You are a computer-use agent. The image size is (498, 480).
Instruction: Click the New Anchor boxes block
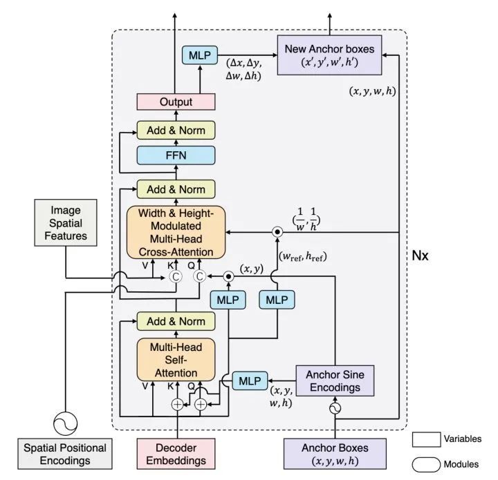[329, 55]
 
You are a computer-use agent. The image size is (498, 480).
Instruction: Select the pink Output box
[176, 102]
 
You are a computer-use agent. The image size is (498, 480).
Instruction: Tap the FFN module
[176, 155]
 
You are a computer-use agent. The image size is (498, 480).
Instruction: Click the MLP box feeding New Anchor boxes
[200, 55]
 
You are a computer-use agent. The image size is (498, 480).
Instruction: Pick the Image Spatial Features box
[66, 222]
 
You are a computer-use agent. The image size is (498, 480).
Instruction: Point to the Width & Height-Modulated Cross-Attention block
[176, 232]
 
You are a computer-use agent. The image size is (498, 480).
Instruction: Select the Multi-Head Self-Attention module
[176, 360]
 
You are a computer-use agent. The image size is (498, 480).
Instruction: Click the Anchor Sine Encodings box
[335, 381]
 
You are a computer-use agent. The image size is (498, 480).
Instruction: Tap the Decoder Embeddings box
[176, 454]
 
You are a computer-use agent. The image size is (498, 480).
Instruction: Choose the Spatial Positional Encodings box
[65, 454]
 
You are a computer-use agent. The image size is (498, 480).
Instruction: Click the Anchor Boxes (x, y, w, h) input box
[335, 454]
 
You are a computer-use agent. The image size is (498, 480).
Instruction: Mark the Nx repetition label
[420, 256]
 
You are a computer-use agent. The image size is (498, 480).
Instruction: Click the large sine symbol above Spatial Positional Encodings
[65, 423]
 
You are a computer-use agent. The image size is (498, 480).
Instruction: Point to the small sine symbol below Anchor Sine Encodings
[335, 408]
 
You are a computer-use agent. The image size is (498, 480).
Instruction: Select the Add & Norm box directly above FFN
[176, 131]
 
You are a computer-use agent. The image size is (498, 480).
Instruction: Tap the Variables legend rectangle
[426, 439]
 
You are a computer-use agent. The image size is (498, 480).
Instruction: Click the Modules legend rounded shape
[426, 465]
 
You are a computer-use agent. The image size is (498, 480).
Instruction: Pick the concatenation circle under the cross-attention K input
[175, 277]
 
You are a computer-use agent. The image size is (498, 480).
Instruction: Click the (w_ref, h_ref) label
[302, 256]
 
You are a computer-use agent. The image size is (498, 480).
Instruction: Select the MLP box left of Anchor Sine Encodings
[250, 381]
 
